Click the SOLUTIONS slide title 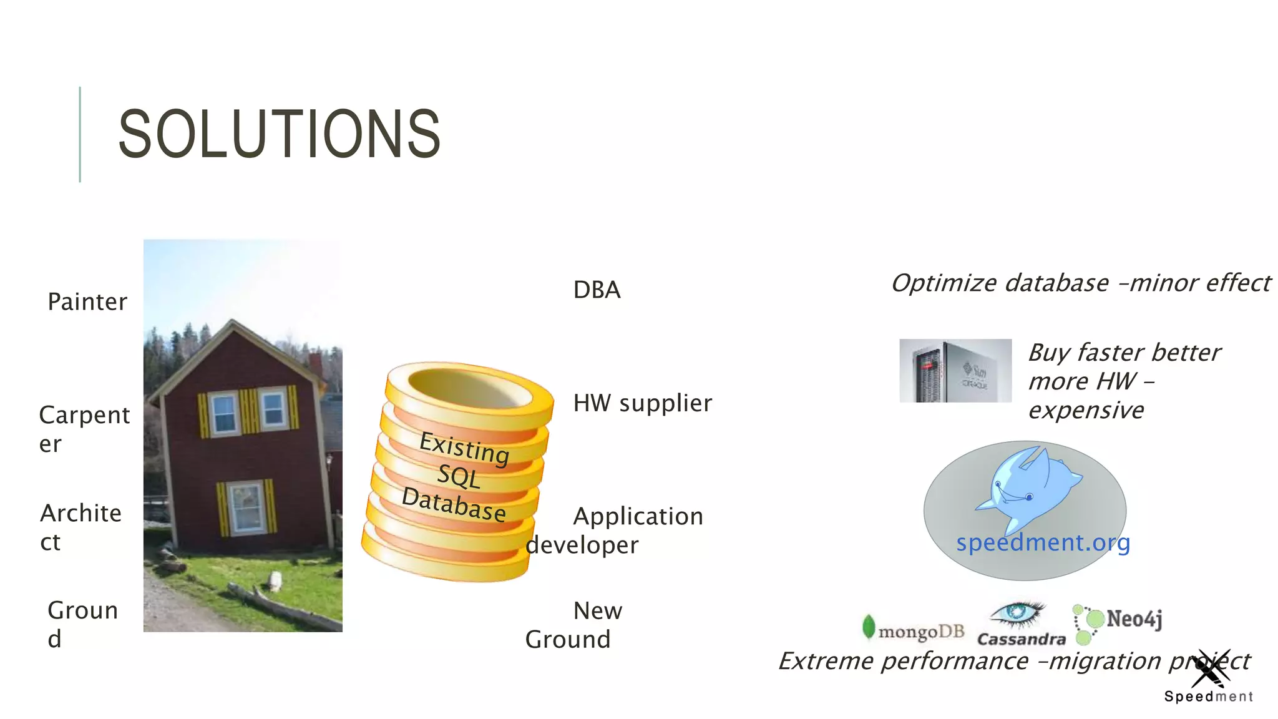tap(279, 134)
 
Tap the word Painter tap(87, 302)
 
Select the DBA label tap(597, 290)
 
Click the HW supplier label tap(642, 403)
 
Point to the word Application tap(638, 517)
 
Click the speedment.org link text tap(1043, 542)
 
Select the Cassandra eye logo tap(1017, 615)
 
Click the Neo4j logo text tap(1133, 619)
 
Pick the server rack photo tap(955, 371)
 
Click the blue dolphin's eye tap(1029, 497)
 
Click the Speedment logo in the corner tap(1208, 677)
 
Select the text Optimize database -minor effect tap(1080, 283)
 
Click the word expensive tap(1086, 411)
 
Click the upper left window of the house tap(224, 413)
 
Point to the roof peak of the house tap(233, 323)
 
